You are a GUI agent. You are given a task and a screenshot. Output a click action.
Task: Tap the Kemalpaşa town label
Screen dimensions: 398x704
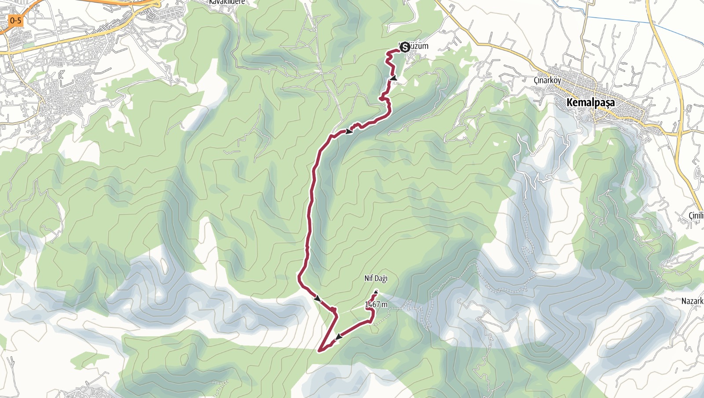[590, 103]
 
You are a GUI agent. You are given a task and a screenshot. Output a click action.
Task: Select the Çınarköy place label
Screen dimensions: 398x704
[547, 81]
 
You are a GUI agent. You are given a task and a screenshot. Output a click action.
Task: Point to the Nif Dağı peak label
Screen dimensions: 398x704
[376, 278]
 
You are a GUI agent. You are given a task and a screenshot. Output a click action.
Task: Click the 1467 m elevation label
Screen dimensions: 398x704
[376, 304]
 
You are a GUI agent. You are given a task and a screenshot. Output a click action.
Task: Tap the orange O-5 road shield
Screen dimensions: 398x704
[15, 20]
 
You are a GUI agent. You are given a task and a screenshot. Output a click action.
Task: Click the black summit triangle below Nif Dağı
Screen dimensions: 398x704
[376, 291]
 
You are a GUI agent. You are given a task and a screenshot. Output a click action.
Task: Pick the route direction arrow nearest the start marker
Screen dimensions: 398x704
[394, 78]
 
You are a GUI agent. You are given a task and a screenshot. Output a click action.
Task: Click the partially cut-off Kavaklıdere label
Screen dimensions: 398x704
[227, 2]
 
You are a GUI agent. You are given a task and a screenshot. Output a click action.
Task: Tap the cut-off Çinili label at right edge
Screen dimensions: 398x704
[696, 215]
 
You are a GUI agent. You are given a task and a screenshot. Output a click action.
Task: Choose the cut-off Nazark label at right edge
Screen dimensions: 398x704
[692, 301]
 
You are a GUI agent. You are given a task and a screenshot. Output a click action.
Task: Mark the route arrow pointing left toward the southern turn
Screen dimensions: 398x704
[338, 337]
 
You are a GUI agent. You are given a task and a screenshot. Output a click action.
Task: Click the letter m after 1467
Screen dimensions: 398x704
[385, 304]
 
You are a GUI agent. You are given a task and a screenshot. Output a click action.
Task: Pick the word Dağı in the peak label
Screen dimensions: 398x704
[381, 278]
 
